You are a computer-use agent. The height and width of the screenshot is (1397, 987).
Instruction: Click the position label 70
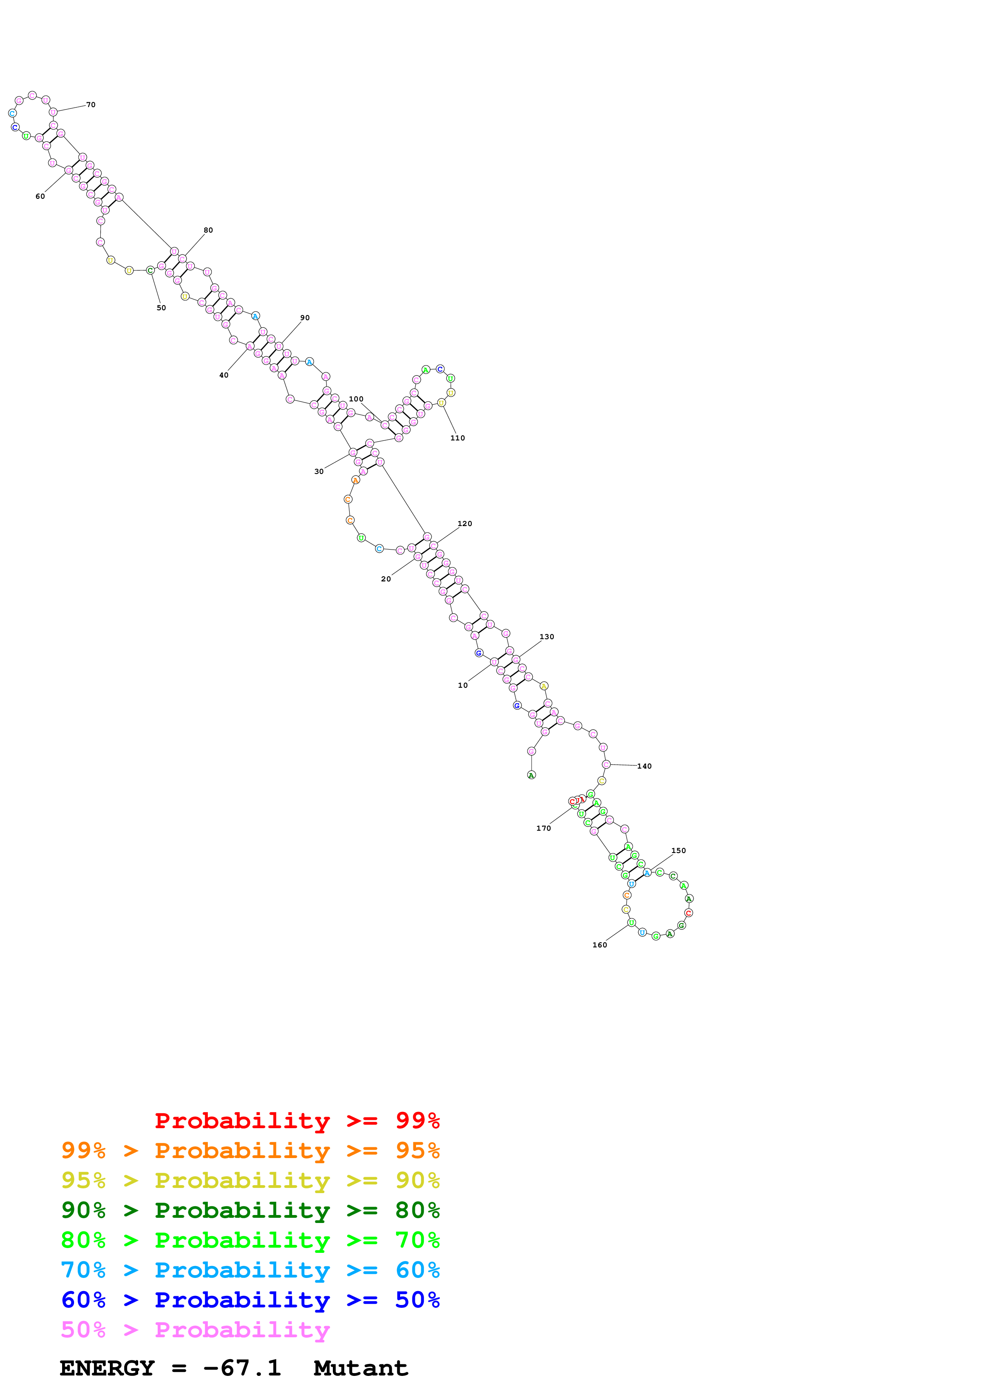91,105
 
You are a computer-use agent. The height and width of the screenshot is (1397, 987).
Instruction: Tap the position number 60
40,197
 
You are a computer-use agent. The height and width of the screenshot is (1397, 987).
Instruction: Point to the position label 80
208,230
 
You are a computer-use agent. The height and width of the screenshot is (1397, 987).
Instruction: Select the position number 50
161,308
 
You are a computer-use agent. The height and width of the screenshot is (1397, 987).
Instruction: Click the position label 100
356,399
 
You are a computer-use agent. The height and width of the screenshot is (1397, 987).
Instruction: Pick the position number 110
457,438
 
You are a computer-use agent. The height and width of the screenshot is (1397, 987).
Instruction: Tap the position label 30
319,472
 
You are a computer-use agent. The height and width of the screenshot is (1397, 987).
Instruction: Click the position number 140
644,766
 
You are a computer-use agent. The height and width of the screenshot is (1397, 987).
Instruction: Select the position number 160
600,945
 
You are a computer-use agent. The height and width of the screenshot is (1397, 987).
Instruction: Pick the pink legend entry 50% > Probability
195,1330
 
